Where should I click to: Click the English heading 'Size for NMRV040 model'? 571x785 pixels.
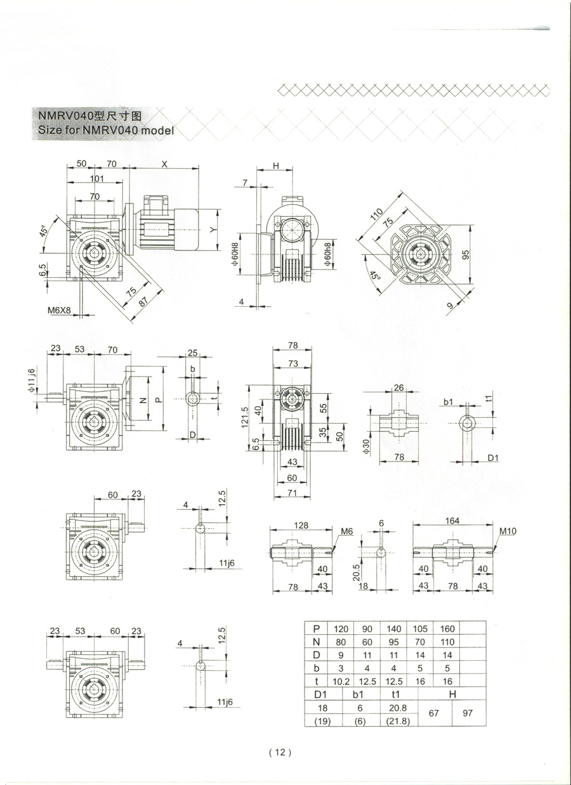(106, 131)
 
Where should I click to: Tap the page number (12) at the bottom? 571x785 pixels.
(280, 751)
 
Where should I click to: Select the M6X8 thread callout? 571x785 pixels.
(59, 310)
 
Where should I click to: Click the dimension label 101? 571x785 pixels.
(97, 178)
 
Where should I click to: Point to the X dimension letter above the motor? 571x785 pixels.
(164, 164)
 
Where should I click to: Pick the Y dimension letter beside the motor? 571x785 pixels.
(213, 230)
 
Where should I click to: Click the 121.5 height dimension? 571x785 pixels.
(245, 417)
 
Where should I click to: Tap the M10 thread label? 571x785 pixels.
(508, 531)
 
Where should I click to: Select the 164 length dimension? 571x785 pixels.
(452, 521)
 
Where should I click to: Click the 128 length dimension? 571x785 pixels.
(301, 525)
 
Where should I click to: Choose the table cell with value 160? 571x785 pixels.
(447, 629)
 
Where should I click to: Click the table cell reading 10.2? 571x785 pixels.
(341, 681)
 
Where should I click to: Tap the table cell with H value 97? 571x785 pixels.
(468, 713)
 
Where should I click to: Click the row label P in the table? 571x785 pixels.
(317, 629)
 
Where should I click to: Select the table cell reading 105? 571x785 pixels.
(420, 629)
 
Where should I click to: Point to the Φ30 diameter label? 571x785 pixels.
(367, 447)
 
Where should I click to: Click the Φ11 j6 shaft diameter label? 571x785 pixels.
(32, 380)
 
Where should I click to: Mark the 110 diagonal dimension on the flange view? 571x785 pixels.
(376, 214)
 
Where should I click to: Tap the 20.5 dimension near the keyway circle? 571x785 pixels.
(356, 573)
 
